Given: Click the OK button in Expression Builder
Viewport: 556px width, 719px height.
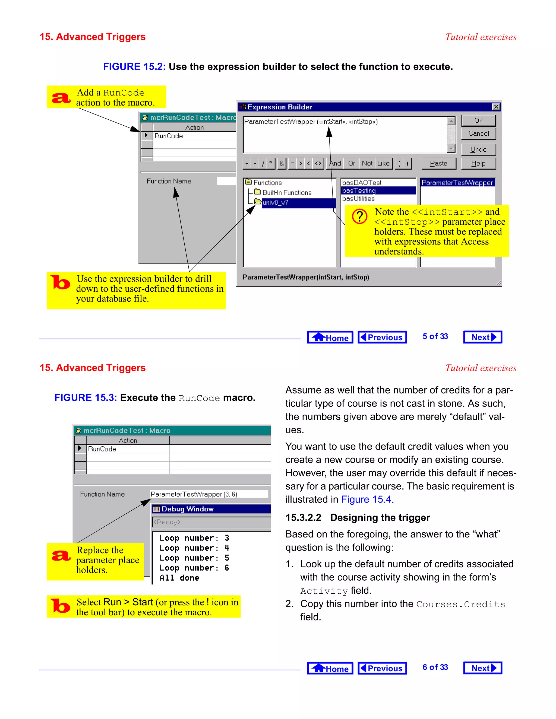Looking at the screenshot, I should [x=478, y=120].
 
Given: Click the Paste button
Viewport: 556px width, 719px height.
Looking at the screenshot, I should [x=438, y=163].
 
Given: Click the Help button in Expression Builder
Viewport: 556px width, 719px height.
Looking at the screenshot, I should [x=478, y=163].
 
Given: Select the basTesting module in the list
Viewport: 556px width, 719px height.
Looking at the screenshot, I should [x=359, y=191].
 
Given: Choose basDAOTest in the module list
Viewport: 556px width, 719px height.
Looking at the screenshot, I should [x=362, y=182].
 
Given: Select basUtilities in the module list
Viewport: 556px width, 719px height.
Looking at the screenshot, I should [x=358, y=199].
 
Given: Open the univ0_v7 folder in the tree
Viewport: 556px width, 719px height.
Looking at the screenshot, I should [x=275, y=203].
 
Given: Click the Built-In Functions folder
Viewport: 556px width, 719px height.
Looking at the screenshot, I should [x=287, y=193].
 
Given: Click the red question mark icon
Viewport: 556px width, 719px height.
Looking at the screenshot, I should [x=360, y=216].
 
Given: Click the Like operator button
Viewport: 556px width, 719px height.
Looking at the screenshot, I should [x=383, y=163].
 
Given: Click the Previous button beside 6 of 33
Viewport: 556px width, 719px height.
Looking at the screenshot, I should [x=382, y=668].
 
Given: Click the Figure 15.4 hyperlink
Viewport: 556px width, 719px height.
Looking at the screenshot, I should [x=366, y=500].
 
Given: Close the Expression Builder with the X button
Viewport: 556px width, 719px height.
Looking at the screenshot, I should [x=496, y=107].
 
